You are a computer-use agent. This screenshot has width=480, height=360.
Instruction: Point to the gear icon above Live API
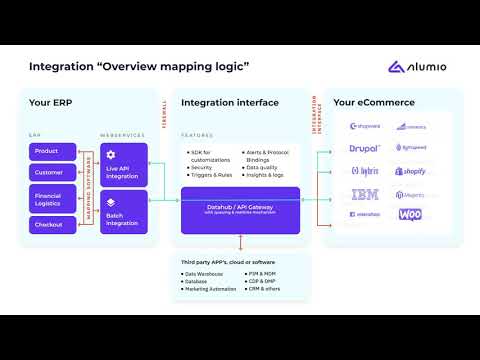tap(112, 155)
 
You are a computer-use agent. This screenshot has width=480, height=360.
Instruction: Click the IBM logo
tap(365, 194)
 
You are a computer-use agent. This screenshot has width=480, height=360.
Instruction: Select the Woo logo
tap(410, 215)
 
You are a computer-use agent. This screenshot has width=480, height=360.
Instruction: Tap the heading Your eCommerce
tap(373, 103)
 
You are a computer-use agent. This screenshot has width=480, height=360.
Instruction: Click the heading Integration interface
tap(229, 103)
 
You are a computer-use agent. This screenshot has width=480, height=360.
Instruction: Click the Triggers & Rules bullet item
tap(211, 175)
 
